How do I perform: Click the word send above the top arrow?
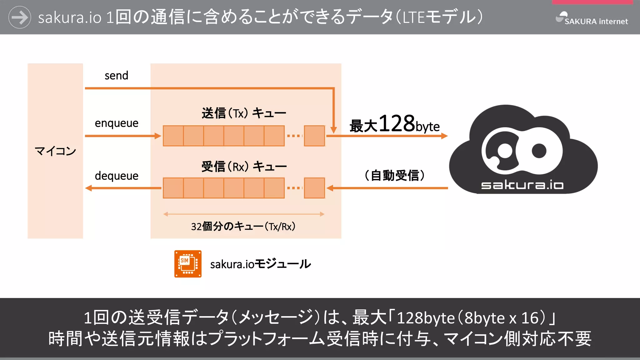click(116, 76)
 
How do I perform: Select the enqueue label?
click(117, 123)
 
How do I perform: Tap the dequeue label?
click(117, 176)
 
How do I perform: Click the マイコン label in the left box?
click(55, 151)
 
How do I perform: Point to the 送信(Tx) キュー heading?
click(244, 113)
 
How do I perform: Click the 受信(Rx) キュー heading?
click(244, 167)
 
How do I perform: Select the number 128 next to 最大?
click(397, 123)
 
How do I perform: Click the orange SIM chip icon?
click(188, 264)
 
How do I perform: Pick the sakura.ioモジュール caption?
click(260, 264)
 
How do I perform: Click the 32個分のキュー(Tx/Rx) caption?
click(243, 226)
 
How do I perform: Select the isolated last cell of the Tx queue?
click(314, 136)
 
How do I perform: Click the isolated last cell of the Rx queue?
click(314, 188)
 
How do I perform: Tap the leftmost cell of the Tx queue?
click(173, 136)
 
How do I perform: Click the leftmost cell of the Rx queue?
click(173, 188)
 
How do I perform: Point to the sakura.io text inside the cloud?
click(522, 185)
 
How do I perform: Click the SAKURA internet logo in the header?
click(592, 18)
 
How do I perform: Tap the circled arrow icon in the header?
click(20, 17)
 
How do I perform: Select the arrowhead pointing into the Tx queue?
click(157, 136)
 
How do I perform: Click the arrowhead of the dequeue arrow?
click(89, 188)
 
